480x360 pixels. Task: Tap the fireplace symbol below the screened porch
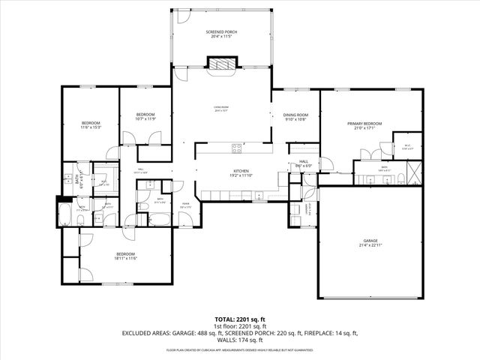click(220, 66)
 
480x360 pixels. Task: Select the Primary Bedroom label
click(364, 126)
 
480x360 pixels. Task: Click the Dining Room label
click(295, 117)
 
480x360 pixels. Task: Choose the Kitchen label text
click(241, 173)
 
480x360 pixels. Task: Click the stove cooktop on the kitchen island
click(237, 146)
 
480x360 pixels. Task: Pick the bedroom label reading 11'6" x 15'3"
click(91, 125)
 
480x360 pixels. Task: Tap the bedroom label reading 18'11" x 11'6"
click(126, 256)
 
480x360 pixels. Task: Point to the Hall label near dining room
click(304, 163)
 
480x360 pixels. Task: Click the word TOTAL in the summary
click(223, 319)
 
